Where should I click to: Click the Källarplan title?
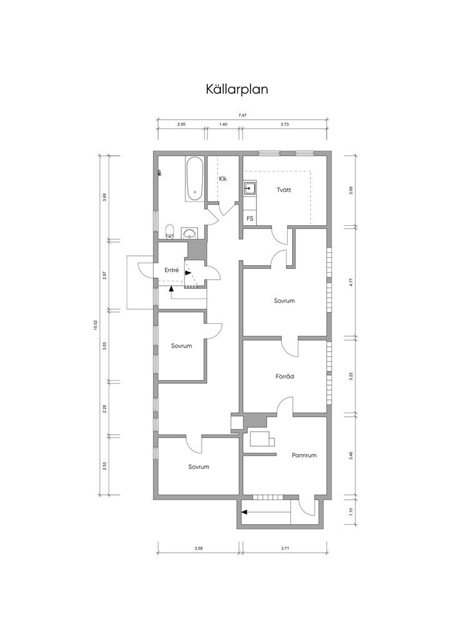coord(237,89)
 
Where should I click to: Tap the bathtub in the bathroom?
coord(195,178)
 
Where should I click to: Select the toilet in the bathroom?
coord(170,231)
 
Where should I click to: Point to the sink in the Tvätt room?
coord(250,188)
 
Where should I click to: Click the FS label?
coord(250,219)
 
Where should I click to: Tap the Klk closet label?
coord(222,179)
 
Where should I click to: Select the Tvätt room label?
coord(283,190)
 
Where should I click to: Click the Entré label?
coord(172,270)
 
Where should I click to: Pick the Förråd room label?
coord(285,376)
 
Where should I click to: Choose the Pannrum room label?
coord(304,455)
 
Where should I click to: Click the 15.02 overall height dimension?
coord(96,325)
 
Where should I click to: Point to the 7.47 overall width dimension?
coord(242,115)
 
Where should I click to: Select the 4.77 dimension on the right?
coord(351,282)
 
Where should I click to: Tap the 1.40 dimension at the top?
coord(223,124)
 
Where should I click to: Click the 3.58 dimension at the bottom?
coord(199,549)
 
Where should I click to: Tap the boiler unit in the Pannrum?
coord(262,439)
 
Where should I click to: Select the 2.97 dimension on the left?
coord(105,275)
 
